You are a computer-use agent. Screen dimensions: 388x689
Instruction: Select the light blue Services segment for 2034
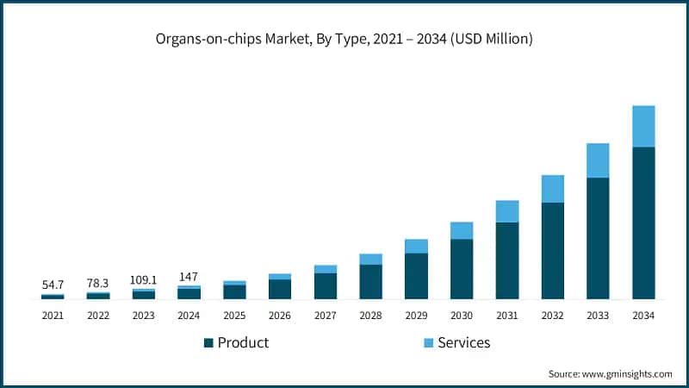(x=643, y=126)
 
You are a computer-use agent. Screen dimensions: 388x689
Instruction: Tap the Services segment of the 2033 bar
(x=598, y=160)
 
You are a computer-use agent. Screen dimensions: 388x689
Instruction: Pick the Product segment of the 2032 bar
(x=553, y=251)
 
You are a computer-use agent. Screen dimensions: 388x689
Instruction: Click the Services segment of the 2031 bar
(x=507, y=211)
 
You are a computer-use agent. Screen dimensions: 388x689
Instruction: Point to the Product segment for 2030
(x=462, y=269)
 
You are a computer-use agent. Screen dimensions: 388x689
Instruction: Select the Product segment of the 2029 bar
(x=416, y=276)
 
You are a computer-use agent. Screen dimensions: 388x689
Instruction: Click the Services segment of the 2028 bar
(x=370, y=259)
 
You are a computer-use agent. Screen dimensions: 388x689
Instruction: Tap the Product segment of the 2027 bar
(x=326, y=285)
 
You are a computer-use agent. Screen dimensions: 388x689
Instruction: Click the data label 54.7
(x=53, y=284)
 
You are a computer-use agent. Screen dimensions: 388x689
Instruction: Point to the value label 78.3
(x=98, y=282)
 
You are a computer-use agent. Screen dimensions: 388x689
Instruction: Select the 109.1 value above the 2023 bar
(x=143, y=279)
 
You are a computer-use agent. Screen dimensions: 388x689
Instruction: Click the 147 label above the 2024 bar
(x=189, y=276)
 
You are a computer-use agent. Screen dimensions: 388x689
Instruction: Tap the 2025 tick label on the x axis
(x=234, y=316)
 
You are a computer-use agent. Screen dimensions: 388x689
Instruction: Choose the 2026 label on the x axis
(x=280, y=316)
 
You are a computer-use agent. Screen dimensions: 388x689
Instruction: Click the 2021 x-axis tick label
(x=53, y=316)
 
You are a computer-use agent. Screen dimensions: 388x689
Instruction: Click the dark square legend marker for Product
(x=208, y=343)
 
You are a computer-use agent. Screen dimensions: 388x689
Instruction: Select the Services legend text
(x=463, y=342)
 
